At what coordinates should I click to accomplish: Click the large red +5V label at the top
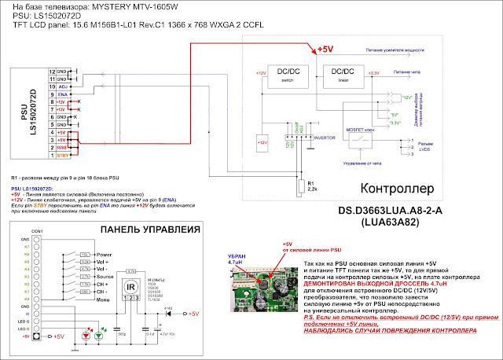[325, 49]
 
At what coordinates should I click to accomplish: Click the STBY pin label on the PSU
[63, 156]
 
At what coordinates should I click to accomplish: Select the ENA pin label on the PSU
[63, 94]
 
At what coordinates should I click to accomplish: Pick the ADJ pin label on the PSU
[63, 86]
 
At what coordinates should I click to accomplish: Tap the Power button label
[104, 255]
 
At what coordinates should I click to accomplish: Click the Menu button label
[103, 299]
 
